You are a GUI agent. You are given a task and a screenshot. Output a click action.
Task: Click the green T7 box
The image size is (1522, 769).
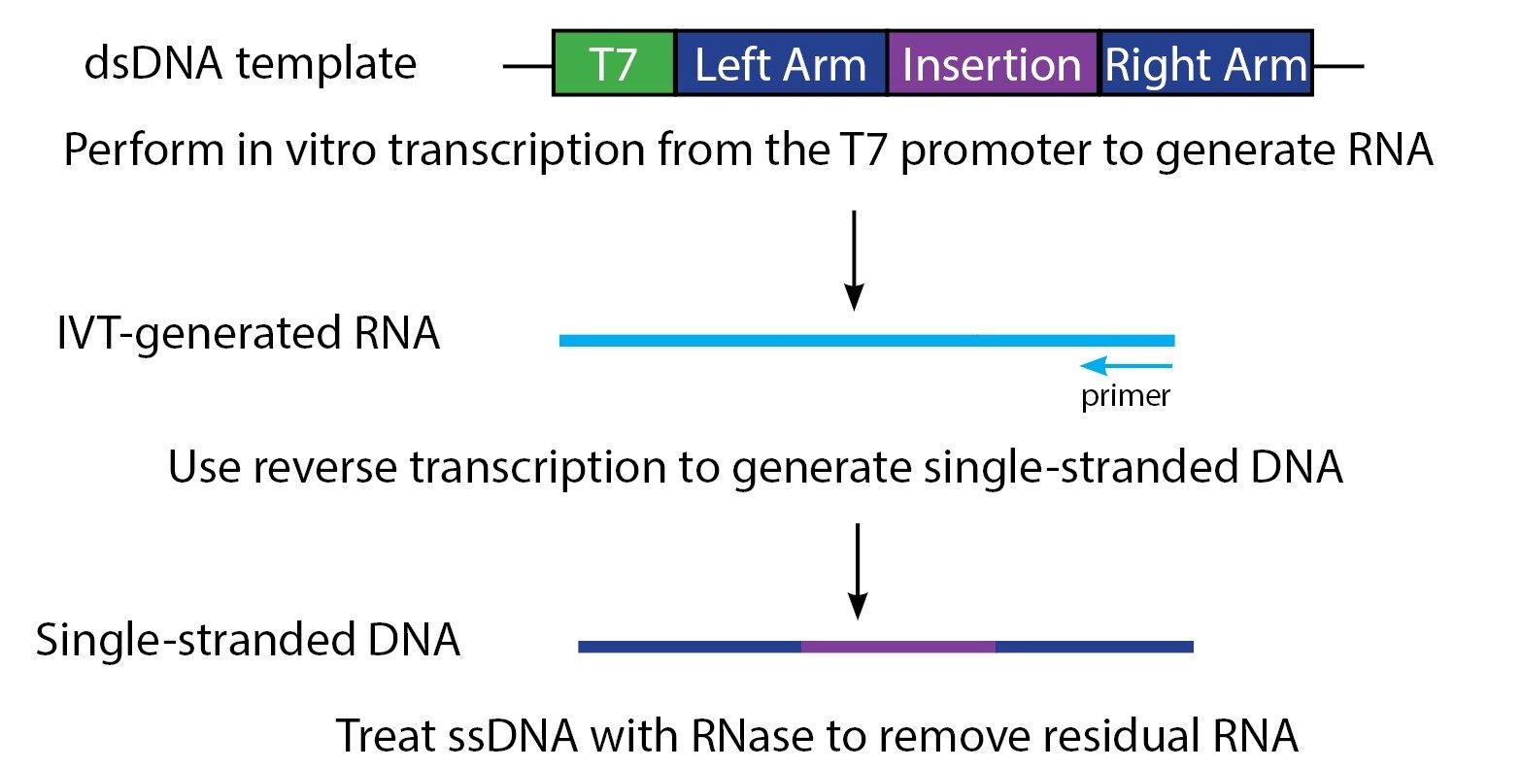pos(614,64)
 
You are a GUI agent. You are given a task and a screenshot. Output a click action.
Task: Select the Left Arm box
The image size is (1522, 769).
pos(781,64)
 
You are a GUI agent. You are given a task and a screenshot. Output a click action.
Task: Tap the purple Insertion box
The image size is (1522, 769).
pos(992,64)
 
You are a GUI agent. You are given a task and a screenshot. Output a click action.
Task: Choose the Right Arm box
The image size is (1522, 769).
pos(1206,64)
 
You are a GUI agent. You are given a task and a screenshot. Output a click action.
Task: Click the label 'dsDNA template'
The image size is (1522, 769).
pos(251,64)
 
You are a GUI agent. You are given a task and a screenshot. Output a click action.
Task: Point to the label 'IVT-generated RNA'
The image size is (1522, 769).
pos(249,334)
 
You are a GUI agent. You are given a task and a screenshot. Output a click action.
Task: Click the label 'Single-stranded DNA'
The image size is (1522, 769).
pos(248,641)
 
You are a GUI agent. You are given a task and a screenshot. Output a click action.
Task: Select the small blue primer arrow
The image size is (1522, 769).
pos(1127,366)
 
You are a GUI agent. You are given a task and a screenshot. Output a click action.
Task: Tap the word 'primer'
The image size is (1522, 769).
pos(1126,396)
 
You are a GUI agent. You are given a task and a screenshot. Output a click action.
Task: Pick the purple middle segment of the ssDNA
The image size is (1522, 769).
pos(898,647)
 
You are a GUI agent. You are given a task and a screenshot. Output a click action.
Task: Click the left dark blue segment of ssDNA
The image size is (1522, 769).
pos(690,647)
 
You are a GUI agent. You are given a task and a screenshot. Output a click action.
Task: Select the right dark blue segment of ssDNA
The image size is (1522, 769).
pos(1095,647)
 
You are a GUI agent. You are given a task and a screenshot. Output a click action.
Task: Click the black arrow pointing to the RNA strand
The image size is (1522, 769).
pos(854,260)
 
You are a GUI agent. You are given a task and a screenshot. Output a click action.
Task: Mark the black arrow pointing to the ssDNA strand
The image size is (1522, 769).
pos(857,571)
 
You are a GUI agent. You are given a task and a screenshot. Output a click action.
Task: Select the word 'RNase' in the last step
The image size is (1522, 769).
pos(752,736)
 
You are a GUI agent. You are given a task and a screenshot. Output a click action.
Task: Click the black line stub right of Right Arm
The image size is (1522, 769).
pos(1338,66)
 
